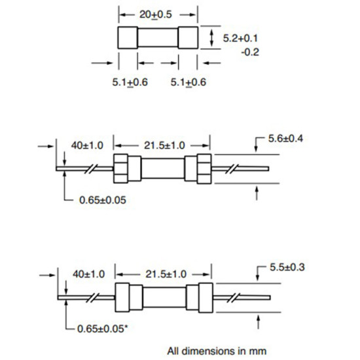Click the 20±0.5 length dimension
(155, 14)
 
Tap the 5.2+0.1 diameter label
(240, 38)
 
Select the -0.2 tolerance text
(250, 52)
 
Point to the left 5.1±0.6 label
(130, 82)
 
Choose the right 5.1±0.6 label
(189, 82)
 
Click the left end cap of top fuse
(128, 38)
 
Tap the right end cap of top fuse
(188, 38)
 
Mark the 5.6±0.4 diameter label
(285, 139)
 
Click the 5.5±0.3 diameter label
(287, 267)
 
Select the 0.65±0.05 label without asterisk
(103, 200)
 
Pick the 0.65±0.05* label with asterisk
(102, 329)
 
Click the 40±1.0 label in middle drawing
(87, 145)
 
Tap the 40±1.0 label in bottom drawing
(88, 274)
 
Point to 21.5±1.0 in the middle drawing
(164, 145)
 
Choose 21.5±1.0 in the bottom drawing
(166, 274)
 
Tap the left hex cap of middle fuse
(121, 169)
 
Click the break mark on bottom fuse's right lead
(234, 298)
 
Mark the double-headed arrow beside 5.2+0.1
(211, 38)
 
